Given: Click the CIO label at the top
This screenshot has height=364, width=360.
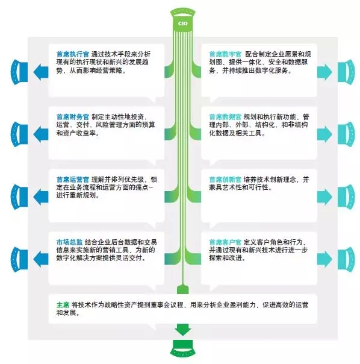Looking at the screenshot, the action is coord(183,24).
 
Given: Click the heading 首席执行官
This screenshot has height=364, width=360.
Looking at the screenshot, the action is coord(73,54).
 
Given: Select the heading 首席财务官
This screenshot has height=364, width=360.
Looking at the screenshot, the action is coord(73,117).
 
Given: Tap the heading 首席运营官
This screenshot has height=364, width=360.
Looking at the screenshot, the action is coord(73,180).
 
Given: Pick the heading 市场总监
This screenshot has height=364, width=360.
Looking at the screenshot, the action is coord(70,242).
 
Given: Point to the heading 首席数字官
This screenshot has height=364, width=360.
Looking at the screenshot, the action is coord(225,54).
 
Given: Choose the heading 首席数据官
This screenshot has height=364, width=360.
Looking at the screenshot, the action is coord(225,117).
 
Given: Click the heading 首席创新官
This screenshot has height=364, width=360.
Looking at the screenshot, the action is coord(225,180).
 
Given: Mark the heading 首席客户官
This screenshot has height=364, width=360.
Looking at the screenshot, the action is coord(225,242).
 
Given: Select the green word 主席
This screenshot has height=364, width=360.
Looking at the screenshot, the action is coord(63,305).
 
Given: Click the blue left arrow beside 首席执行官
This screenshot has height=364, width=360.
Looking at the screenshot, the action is coord(41,72).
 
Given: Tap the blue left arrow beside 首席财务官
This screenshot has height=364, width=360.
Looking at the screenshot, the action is coord(41,134).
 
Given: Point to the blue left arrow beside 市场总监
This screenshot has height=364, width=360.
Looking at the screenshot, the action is coord(41,259).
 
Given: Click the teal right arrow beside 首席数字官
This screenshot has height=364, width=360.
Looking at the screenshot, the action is coord(324,72).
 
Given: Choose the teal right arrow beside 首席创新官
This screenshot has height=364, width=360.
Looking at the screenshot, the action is coord(324,197).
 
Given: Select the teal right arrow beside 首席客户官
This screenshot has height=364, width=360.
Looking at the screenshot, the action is coord(324,259).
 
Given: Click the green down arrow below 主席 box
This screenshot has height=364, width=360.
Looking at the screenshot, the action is coord(183,330).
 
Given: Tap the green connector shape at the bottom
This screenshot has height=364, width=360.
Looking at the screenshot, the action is coord(183,349).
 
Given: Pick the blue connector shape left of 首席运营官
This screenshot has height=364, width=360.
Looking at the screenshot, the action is coord(19,197).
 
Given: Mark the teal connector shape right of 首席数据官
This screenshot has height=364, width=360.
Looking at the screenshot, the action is coord(346,134).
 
